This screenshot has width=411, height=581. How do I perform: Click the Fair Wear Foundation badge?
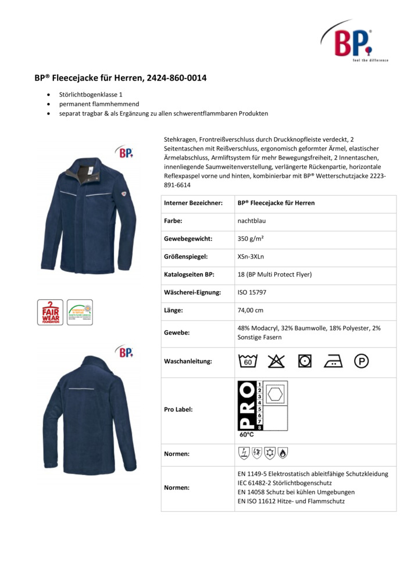click(x=51, y=312)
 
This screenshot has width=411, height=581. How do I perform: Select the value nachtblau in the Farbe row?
click(x=250, y=221)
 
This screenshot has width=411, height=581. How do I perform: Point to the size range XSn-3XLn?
click(x=252, y=256)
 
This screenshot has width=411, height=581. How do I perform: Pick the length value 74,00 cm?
click(x=251, y=310)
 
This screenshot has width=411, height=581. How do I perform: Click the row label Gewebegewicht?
click(x=188, y=239)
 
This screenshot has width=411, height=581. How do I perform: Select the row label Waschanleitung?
click(x=188, y=361)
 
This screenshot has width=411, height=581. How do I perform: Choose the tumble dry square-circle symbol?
click(x=304, y=361)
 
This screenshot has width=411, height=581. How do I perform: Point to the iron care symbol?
click(x=333, y=361)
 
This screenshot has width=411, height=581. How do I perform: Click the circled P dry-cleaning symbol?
click(x=362, y=361)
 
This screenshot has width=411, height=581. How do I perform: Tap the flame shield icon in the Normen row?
click(x=283, y=453)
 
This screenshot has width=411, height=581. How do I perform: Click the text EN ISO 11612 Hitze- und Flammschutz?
click(x=291, y=500)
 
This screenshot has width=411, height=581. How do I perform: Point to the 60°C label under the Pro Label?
click(x=246, y=434)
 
